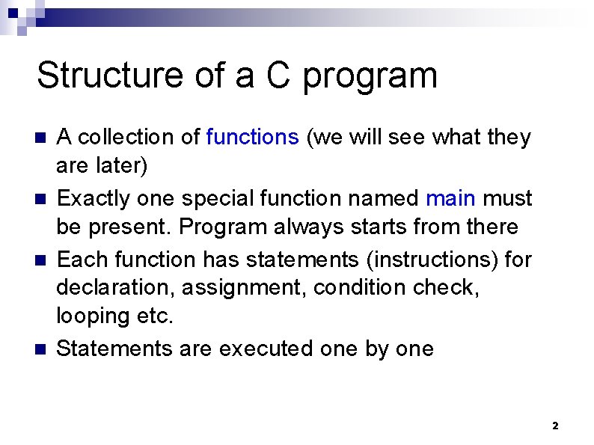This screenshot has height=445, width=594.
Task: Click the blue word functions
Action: point(252,137)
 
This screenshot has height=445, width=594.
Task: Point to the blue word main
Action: point(450,198)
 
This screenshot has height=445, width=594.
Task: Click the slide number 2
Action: point(554,426)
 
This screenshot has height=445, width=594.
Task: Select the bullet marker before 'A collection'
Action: point(41,138)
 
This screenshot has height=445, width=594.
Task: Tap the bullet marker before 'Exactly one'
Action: point(41,199)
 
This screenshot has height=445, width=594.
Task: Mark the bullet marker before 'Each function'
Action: point(41,260)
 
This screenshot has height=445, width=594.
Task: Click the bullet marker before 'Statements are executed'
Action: point(41,349)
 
